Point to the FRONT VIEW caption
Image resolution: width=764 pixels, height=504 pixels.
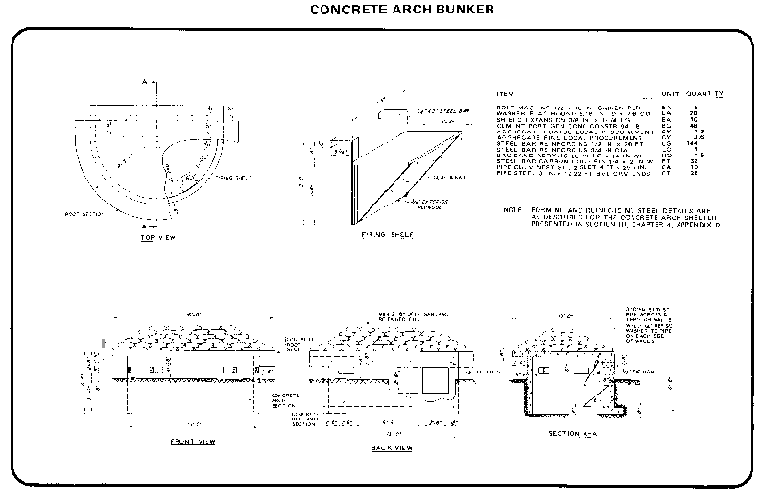click(x=192, y=442)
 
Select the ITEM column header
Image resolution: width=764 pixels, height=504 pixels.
click(x=507, y=93)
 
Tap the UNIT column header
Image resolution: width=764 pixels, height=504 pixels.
click(x=670, y=93)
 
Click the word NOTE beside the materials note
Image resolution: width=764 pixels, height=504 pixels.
click(x=512, y=208)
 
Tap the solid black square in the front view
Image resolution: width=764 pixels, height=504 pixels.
click(x=130, y=370)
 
